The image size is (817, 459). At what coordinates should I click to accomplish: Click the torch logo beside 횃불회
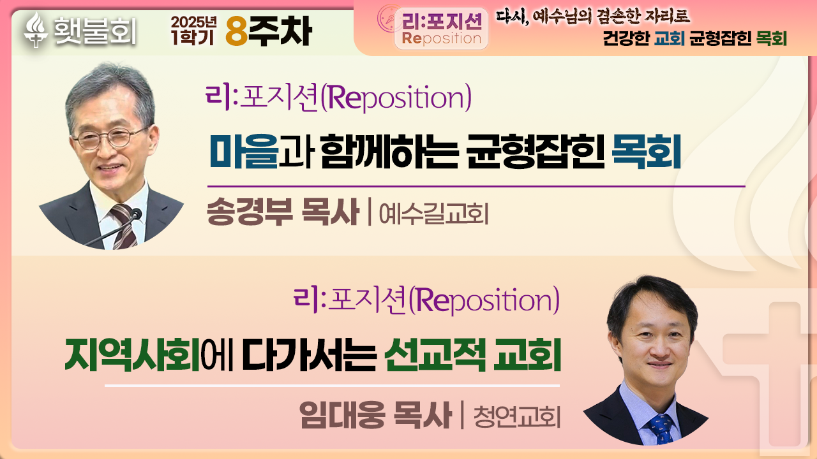click(x=35, y=29)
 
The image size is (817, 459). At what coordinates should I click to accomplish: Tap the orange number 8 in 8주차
click(x=237, y=32)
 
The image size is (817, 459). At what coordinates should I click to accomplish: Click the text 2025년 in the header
click(x=193, y=22)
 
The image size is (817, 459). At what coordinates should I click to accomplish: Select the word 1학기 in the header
click(x=192, y=37)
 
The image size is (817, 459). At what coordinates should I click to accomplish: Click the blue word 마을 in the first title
click(x=244, y=151)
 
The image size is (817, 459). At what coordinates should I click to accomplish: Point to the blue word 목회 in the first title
click(x=646, y=151)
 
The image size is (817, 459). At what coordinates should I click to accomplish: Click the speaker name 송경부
click(x=250, y=212)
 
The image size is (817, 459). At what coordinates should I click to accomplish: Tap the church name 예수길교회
click(x=433, y=214)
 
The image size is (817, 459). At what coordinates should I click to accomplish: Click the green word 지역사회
click(x=132, y=354)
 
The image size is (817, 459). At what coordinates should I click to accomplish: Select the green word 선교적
click(x=435, y=354)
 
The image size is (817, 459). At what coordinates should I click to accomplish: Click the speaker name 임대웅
click(x=343, y=414)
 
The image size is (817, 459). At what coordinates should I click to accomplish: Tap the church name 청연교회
click(x=517, y=417)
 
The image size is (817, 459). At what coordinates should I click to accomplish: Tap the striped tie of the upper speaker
click(x=124, y=226)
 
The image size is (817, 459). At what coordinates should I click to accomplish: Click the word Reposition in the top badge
click(x=441, y=38)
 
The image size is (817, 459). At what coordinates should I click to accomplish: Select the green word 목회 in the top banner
click(x=772, y=38)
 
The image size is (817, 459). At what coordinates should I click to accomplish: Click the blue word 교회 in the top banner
click(x=670, y=38)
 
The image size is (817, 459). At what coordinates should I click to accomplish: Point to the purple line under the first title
click(x=476, y=187)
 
